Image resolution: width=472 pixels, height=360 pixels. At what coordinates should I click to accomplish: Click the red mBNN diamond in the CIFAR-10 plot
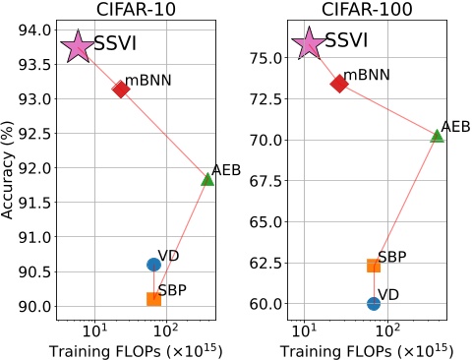click(121, 89)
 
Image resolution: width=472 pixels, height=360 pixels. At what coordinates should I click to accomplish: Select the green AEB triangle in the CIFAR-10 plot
click(207, 179)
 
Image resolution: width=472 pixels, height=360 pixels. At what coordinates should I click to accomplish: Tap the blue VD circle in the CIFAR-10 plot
click(153, 264)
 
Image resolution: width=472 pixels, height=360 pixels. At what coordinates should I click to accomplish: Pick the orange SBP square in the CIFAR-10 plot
click(153, 299)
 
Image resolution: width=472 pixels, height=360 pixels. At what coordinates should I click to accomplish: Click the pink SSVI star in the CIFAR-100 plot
click(309, 42)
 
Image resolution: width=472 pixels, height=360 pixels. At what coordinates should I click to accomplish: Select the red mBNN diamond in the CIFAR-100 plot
click(339, 84)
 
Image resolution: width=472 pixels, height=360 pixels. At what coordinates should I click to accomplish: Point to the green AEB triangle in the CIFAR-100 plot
click(437, 135)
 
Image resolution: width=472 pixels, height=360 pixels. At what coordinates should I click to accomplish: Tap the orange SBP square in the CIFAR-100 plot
click(374, 265)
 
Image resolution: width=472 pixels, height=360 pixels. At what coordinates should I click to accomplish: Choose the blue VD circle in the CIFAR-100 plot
click(374, 303)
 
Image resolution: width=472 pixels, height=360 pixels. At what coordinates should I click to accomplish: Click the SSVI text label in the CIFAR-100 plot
click(347, 40)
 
